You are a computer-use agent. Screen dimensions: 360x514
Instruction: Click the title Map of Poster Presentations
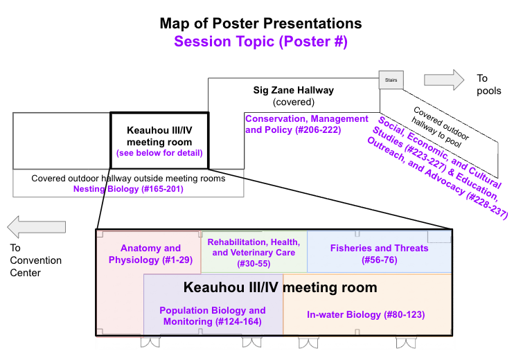coord(260,23)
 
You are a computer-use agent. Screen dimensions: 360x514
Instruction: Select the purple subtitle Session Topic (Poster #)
coord(260,42)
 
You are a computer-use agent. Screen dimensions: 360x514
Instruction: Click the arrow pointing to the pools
coord(444,79)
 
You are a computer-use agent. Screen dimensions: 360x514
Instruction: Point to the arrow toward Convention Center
coord(37,226)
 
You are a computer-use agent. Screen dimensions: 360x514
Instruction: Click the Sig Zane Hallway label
coord(293,90)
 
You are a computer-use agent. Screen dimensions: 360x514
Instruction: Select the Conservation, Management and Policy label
coord(307,124)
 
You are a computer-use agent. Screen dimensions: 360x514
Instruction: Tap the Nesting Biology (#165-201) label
coord(129,188)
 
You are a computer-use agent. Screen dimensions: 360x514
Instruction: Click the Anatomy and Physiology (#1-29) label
coord(150,254)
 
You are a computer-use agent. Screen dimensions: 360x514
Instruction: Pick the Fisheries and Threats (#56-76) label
coord(379,253)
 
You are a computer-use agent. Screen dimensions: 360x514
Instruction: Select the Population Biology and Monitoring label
coord(213,316)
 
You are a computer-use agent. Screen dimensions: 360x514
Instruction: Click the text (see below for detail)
coord(159,153)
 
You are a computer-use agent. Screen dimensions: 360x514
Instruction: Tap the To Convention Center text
coord(35,260)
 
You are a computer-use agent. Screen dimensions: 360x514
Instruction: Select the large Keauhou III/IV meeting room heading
coord(280,287)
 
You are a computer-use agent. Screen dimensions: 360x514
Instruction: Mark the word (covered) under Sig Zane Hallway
coord(293,102)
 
